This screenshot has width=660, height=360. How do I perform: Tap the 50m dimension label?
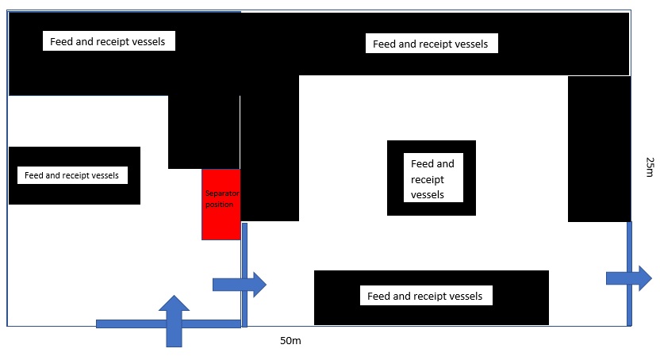(x=290, y=341)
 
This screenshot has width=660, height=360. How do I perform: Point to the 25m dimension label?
(x=650, y=167)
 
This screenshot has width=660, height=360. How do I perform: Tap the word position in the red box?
(x=220, y=204)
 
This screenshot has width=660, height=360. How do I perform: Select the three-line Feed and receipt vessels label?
(x=432, y=178)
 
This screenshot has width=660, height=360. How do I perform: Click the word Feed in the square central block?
(x=422, y=164)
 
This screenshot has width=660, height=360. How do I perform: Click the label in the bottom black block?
(x=424, y=297)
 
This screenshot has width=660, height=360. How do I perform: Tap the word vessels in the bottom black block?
(x=463, y=297)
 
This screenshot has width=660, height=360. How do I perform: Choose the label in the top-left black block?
(x=108, y=41)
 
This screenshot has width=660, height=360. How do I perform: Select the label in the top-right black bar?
(x=430, y=44)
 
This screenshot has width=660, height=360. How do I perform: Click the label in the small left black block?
(x=72, y=175)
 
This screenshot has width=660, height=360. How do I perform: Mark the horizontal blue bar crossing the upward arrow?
(x=127, y=324)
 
